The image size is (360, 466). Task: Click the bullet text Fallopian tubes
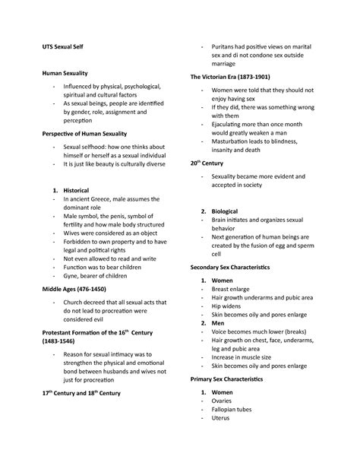tap(235, 430)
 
